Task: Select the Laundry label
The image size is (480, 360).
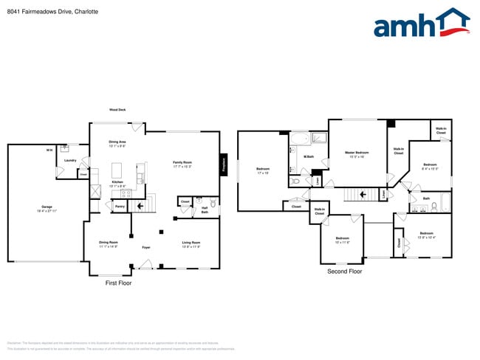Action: click(x=70, y=160)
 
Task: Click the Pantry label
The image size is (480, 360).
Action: click(x=120, y=207)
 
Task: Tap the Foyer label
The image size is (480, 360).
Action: click(x=146, y=247)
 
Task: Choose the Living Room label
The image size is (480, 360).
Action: click(x=191, y=243)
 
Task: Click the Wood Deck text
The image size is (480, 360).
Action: click(x=117, y=110)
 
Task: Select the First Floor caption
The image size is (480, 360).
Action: click(x=118, y=283)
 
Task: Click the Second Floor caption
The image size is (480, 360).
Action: click(x=345, y=271)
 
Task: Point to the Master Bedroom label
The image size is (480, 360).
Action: click(x=357, y=153)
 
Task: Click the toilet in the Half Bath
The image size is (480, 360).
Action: click(x=213, y=202)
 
